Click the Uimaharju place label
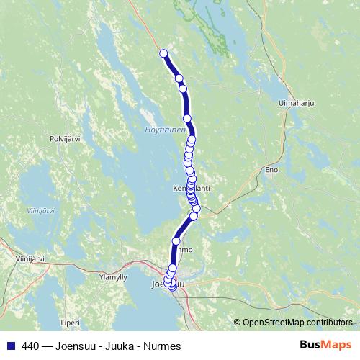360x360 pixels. pyautogui.click(x=294, y=104)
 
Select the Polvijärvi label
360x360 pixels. pyautogui.click(x=63, y=138)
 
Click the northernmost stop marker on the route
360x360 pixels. pyautogui.click(x=163, y=53)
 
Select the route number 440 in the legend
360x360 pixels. pyautogui.click(x=30, y=346)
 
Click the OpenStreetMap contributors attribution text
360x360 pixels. pyautogui.click(x=297, y=323)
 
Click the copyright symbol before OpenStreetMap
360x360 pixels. pyautogui.click(x=238, y=323)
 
